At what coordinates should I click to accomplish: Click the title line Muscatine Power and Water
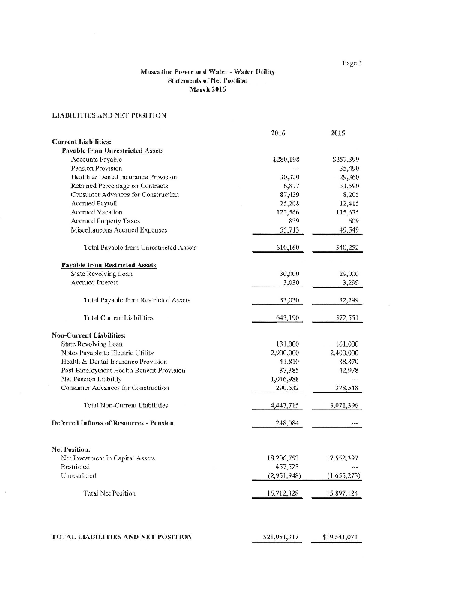pos(208,71)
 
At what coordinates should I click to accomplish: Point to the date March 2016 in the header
pos(208,88)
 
